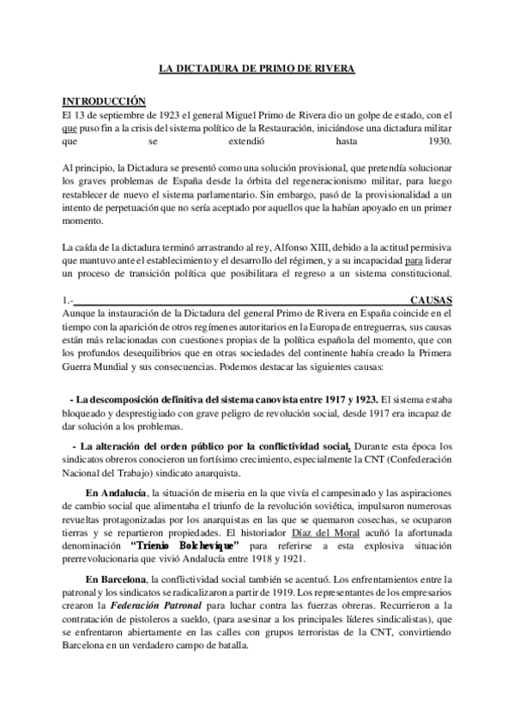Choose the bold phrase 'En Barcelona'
pos(117,580)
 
